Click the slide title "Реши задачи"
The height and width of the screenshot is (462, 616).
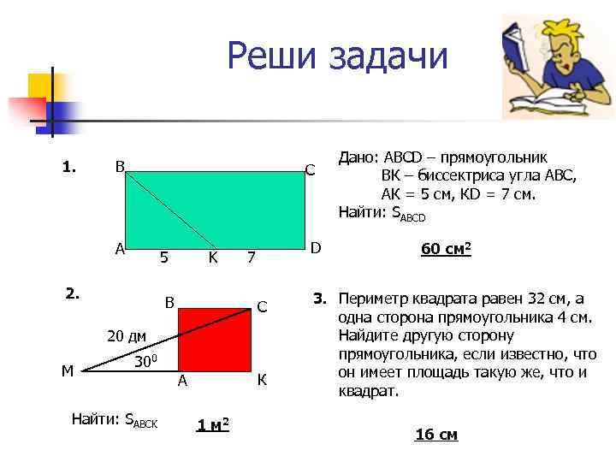coord(337,57)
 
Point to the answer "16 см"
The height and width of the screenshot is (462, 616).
coord(436,435)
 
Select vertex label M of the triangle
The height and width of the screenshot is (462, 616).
coord(68,370)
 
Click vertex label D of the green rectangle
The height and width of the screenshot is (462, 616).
coord(315,248)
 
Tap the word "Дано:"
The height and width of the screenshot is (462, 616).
coord(359,158)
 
